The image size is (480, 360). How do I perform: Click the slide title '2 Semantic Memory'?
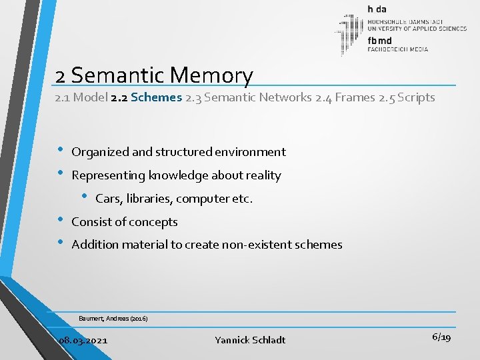coord(155,75)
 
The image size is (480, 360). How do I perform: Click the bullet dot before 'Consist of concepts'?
coord(61,219)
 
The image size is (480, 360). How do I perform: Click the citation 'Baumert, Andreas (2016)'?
coord(113,319)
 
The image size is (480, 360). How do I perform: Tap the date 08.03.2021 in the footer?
coord(83,340)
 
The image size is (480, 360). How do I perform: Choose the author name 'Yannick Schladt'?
coord(250,340)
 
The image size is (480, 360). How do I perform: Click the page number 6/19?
coord(441,337)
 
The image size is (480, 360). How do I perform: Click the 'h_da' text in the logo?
coord(376,9)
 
